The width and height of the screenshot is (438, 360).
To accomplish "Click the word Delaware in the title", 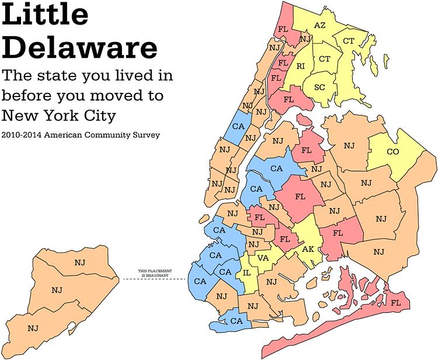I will point(79,47).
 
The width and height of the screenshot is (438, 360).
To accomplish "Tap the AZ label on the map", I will point(319,25).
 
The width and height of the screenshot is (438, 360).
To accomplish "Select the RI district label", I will point(301,67).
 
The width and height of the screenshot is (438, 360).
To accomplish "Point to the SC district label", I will point(319,88).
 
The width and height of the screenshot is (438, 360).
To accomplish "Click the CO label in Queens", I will point(392,152).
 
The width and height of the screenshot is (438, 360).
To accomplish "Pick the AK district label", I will point(308,249).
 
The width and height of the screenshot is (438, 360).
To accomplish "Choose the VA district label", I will point(263,258).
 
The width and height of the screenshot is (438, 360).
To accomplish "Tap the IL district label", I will point(247,272).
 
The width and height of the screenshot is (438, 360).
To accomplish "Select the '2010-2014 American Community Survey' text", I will point(81,134).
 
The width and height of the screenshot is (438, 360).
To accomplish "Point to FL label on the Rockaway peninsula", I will point(395,303).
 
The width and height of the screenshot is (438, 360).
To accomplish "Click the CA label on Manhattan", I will point(238,126).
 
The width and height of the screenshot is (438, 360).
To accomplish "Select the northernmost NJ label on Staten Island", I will point(80,262).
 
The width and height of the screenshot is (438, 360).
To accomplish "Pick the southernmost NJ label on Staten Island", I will point(33,328).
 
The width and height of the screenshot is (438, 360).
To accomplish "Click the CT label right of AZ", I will point(349,41).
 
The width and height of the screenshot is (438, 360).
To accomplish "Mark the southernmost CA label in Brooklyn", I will point(237,321).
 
